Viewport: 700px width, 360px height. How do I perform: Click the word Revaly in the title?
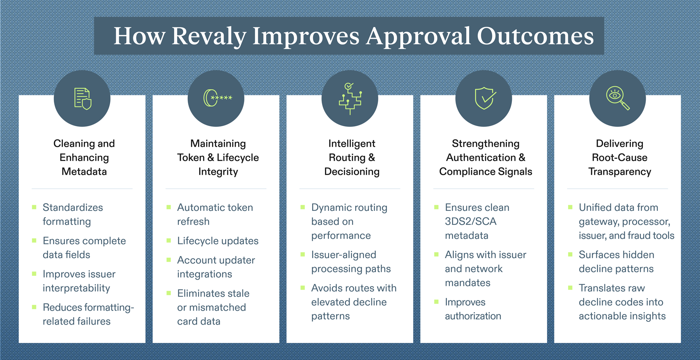[209, 36]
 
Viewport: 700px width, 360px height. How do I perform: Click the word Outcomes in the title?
[535, 36]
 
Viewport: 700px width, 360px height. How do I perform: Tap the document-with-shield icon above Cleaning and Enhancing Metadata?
[82, 99]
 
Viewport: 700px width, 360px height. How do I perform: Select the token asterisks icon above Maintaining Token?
[216, 98]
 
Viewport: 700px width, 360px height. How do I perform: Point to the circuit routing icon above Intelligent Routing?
[350, 99]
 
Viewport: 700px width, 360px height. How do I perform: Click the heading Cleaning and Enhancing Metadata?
[84, 157]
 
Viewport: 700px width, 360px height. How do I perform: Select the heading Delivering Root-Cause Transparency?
[619, 157]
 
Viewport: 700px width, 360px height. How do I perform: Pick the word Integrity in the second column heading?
[218, 171]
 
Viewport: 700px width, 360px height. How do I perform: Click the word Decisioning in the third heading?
[352, 171]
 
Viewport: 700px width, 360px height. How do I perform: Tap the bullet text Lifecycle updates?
[218, 241]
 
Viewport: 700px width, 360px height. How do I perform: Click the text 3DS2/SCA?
[470, 222]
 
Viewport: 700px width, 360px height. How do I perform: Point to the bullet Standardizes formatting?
[73, 214]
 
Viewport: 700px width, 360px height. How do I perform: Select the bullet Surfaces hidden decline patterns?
[616, 261]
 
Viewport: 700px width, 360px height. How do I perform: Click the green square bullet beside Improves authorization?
[436, 302]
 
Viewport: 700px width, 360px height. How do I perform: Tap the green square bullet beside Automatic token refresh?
[168, 208]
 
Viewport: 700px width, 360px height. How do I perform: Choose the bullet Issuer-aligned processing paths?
[351, 261]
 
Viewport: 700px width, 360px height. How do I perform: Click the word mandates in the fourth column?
[467, 283]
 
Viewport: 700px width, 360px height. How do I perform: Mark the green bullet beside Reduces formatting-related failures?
[34, 307]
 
